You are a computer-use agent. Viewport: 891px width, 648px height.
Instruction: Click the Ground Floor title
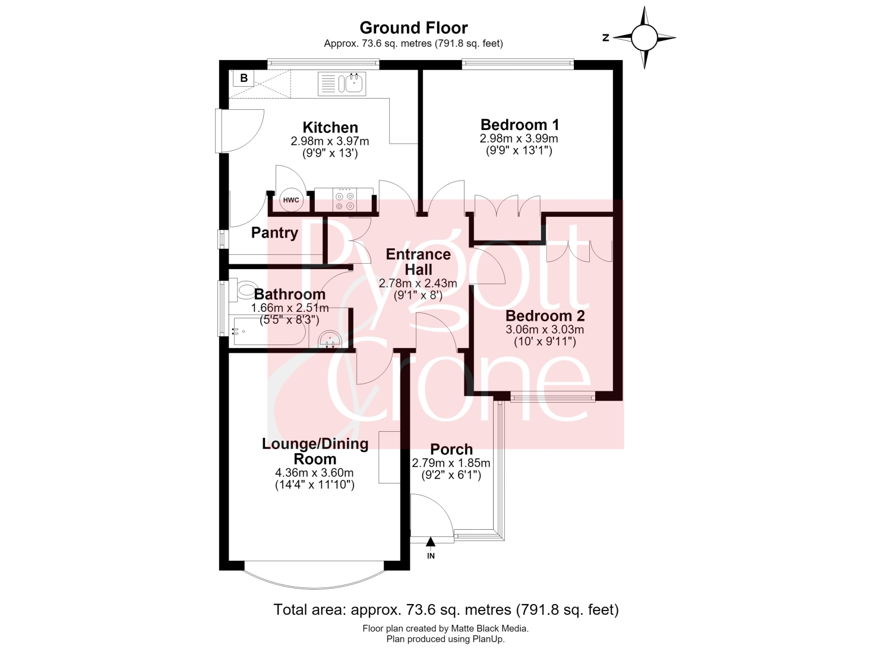click(x=413, y=28)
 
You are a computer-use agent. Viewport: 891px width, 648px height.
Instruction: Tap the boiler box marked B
click(x=244, y=78)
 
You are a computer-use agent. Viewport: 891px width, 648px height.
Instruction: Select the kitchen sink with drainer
click(x=342, y=84)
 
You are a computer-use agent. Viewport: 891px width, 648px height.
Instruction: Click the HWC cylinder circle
click(x=291, y=200)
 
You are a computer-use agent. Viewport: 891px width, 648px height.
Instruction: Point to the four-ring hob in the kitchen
click(x=344, y=201)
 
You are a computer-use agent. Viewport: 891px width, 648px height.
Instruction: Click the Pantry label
click(x=274, y=233)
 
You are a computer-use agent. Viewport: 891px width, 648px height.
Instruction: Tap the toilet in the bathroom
click(x=247, y=290)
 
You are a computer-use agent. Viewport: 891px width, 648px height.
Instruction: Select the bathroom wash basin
click(x=330, y=340)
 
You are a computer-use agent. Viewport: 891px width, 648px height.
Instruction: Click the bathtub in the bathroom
click(x=270, y=331)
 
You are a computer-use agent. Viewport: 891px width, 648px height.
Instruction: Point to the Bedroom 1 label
click(x=520, y=125)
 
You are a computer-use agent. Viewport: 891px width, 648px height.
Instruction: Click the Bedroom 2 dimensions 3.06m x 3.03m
click(x=545, y=330)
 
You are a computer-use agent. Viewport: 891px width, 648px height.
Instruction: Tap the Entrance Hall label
click(x=418, y=262)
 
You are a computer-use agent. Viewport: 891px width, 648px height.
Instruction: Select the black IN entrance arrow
click(x=431, y=542)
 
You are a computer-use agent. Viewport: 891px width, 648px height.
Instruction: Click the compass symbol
click(x=644, y=38)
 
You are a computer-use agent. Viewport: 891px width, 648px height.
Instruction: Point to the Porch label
click(x=451, y=449)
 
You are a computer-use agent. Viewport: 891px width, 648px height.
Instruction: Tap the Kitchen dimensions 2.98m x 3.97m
click(x=330, y=141)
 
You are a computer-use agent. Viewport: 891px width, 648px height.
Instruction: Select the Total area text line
click(x=446, y=609)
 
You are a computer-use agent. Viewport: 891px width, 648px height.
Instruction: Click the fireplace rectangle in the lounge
click(x=388, y=457)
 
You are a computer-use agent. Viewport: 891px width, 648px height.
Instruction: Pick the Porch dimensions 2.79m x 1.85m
click(x=451, y=463)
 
